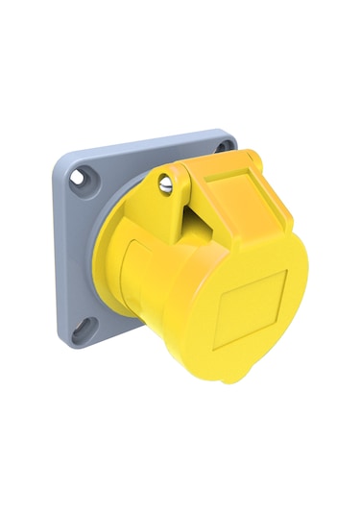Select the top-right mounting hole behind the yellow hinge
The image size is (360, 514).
point(224,146)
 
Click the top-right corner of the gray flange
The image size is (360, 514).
point(230,135)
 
